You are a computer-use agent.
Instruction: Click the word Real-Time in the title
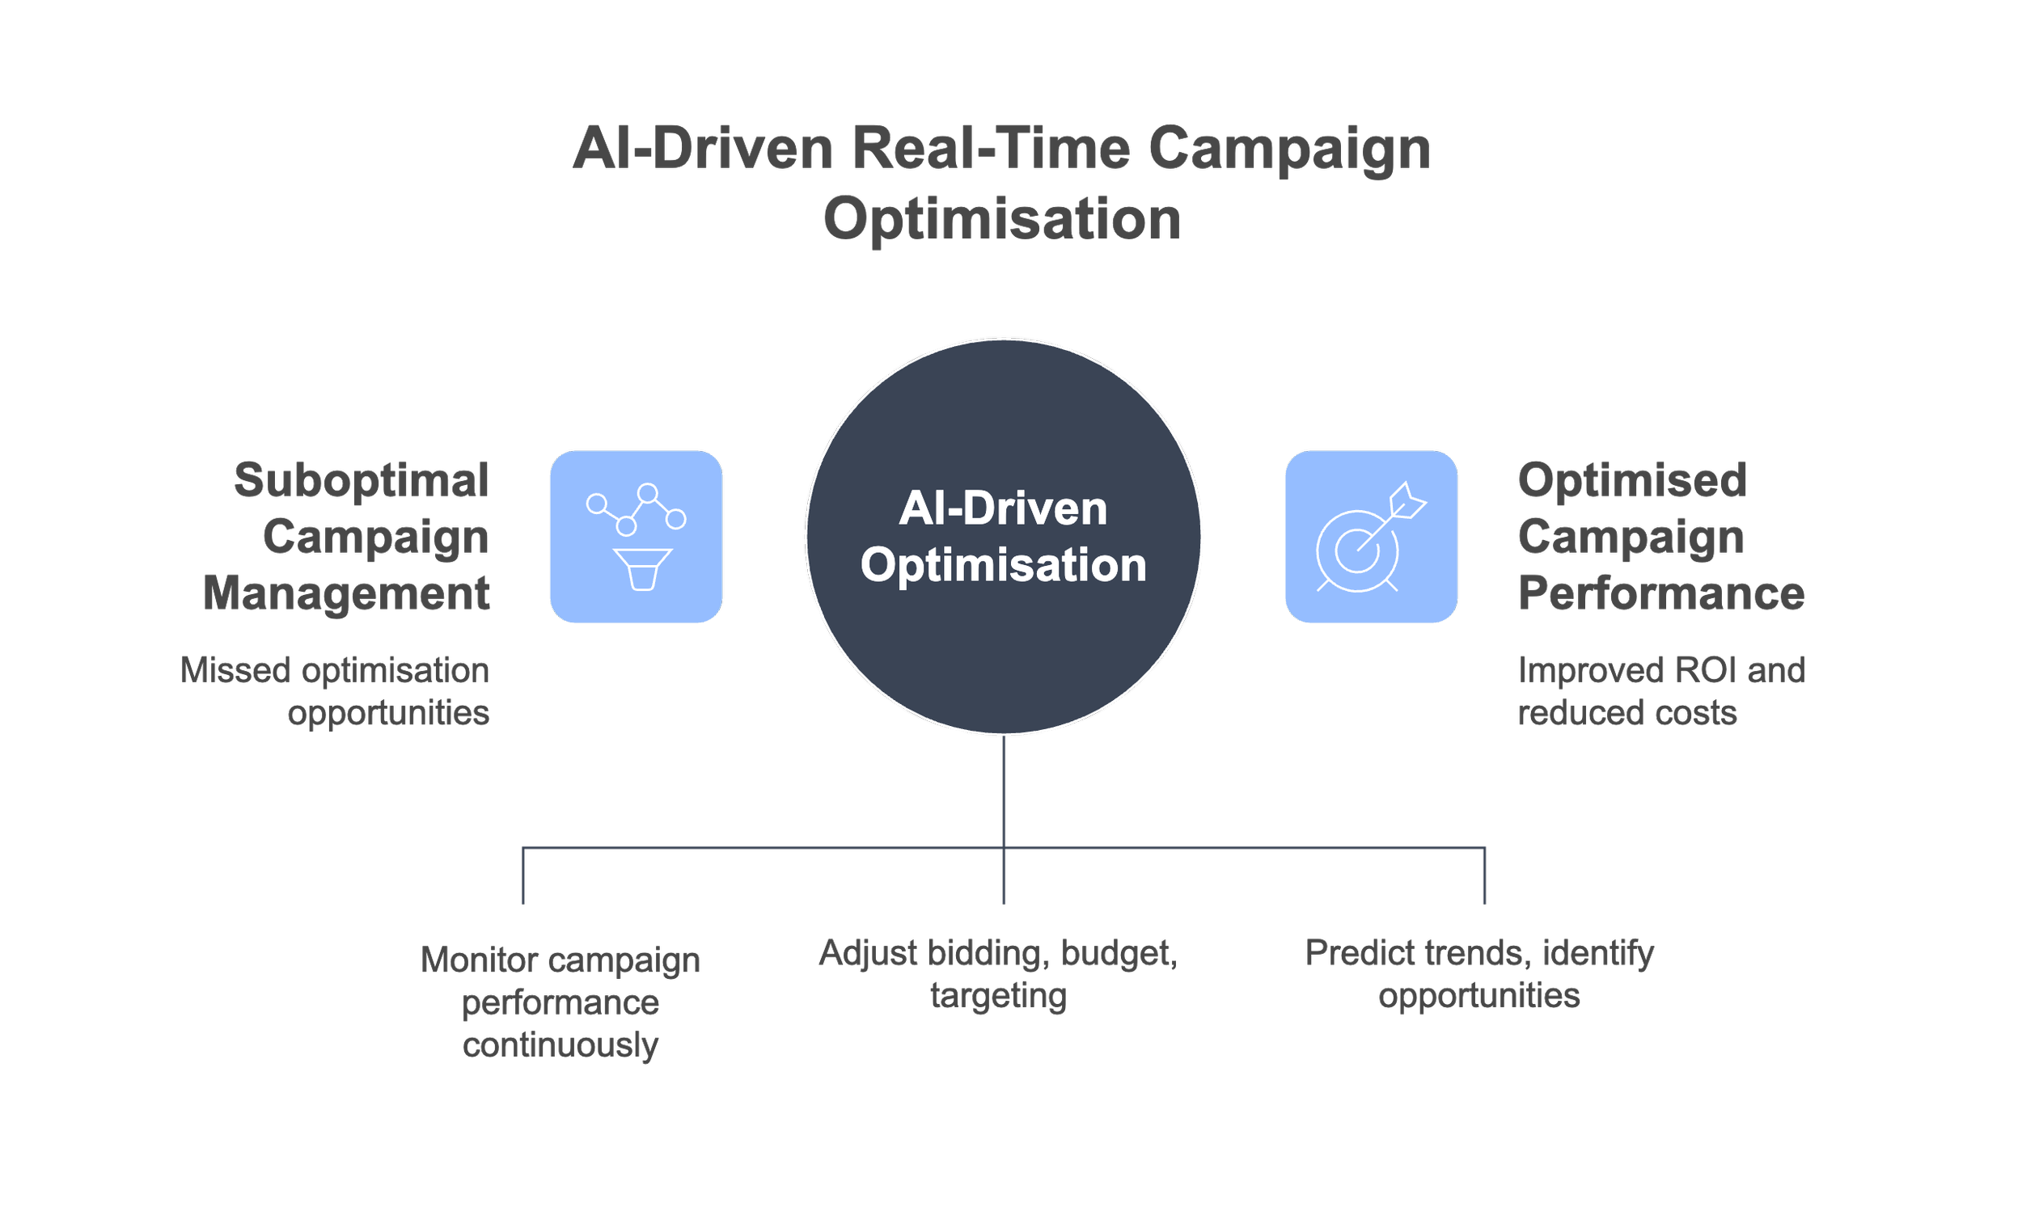coord(991,149)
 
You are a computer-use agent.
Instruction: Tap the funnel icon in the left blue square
coord(642,569)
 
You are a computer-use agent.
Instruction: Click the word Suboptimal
coord(362,480)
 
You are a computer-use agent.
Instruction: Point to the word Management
coord(346,593)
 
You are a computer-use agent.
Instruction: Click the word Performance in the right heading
coord(1660,593)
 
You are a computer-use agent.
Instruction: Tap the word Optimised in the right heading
coord(1632,480)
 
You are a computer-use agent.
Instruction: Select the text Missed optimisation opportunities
coord(335,691)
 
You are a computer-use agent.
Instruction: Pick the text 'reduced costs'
coord(1627,713)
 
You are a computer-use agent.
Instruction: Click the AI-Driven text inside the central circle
coord(1003,508)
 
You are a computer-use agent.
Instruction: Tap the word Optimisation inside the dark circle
coord(1003,565)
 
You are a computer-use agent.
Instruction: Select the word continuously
coord(560,1044)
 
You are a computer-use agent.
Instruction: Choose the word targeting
coord(998,997)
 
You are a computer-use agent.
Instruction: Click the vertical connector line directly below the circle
coord(1003,790)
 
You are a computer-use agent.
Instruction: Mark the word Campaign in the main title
coord(1289,149)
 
